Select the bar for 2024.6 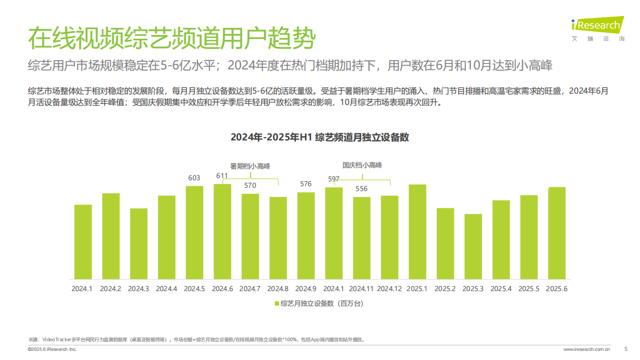point(223,231)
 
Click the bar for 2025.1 point(417,232)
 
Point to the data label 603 point(194,178)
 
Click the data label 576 point(305,184)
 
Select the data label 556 point(361,189)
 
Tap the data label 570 point(250,186)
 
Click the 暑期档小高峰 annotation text point(250,166)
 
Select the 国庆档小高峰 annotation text point(362,165)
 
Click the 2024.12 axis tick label point(389,289)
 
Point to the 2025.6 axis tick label point(557,289)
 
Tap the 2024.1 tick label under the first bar point(83,289)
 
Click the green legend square point(277,304)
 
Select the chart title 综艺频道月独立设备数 point(320,137)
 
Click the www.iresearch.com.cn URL point(586,350)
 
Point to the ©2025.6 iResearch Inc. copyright point(52,350)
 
